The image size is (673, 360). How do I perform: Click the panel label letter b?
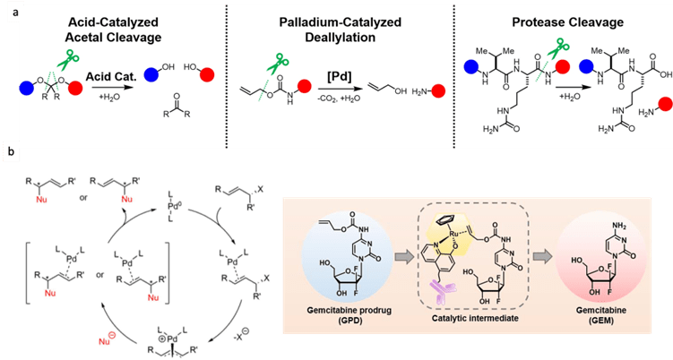(10, 153)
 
